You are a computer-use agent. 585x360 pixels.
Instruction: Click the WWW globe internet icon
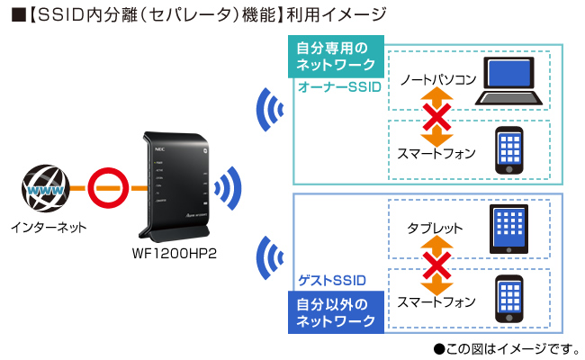[44, 190]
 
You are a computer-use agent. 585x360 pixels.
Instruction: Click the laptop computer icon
[509, 84]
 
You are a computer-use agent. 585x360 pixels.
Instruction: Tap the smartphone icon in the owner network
[509, 149]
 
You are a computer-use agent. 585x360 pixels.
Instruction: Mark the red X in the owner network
[436, 116]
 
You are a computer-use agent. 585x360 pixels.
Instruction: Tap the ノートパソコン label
[438, 80]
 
